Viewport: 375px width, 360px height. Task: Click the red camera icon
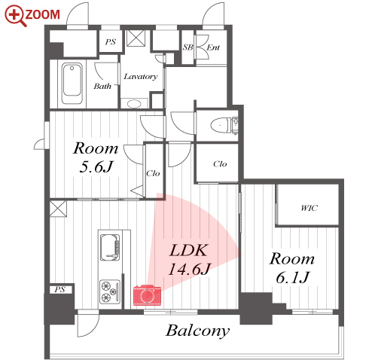point(147,295)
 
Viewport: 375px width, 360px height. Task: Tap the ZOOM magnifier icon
point(15,16)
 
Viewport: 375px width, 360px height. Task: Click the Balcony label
point(197,331)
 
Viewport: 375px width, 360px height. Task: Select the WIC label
point(309,208)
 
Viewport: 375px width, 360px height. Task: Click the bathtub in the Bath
point(72,84)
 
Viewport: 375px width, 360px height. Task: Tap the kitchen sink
point(110,248)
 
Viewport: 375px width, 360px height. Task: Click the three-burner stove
point(110,291)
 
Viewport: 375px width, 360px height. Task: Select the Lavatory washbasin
point(134,103)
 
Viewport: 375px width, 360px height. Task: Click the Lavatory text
point(141,76)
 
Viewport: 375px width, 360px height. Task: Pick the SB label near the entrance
point(188,47)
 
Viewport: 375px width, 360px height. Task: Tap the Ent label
point(213,47)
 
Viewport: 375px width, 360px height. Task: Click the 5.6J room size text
point(96,166)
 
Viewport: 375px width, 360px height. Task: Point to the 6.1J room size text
point(293,277)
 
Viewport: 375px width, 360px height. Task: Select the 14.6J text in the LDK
point(190,269)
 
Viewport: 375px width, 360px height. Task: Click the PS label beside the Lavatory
point(111,41)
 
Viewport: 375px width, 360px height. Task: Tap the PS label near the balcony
point(59,289)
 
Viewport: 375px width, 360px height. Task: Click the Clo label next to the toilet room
point(220,164)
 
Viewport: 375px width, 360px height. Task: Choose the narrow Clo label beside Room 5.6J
point(153,173)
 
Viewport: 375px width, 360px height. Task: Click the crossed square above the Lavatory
point(136,38)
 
